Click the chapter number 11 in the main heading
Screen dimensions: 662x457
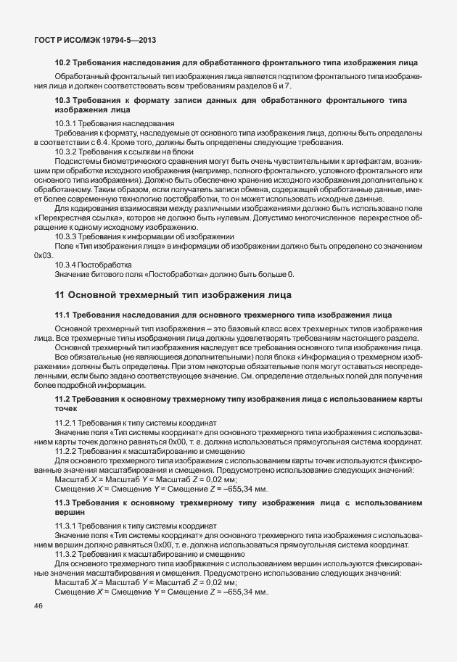[59, 295]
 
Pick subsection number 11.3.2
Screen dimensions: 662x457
[66, 552]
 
